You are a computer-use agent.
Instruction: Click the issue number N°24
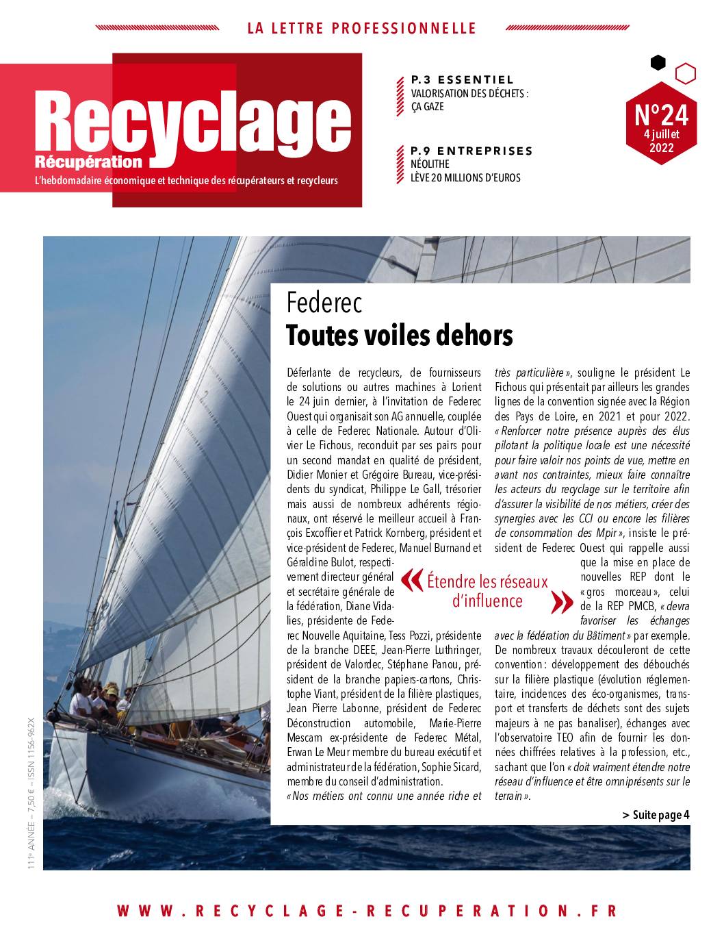pos(661,115)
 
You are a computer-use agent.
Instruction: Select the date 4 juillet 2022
pos(661,140)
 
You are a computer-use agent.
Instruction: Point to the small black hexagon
pos(658,63)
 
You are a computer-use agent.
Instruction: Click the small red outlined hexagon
pos(685,73)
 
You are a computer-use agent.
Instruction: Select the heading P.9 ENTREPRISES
pos(471,151)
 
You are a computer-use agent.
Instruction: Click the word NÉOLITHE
pos(430,164)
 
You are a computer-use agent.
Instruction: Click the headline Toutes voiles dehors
pos(399,336)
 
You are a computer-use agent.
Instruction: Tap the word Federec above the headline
pos(324,303)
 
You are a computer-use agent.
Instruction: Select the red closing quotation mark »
pos(562,602)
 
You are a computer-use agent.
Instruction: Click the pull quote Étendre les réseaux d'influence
pos(487,591)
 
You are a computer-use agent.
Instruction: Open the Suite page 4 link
pos(656,815)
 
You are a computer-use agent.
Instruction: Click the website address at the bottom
pos(367,911)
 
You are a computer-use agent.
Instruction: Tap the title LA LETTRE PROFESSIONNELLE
pos(361,29)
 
